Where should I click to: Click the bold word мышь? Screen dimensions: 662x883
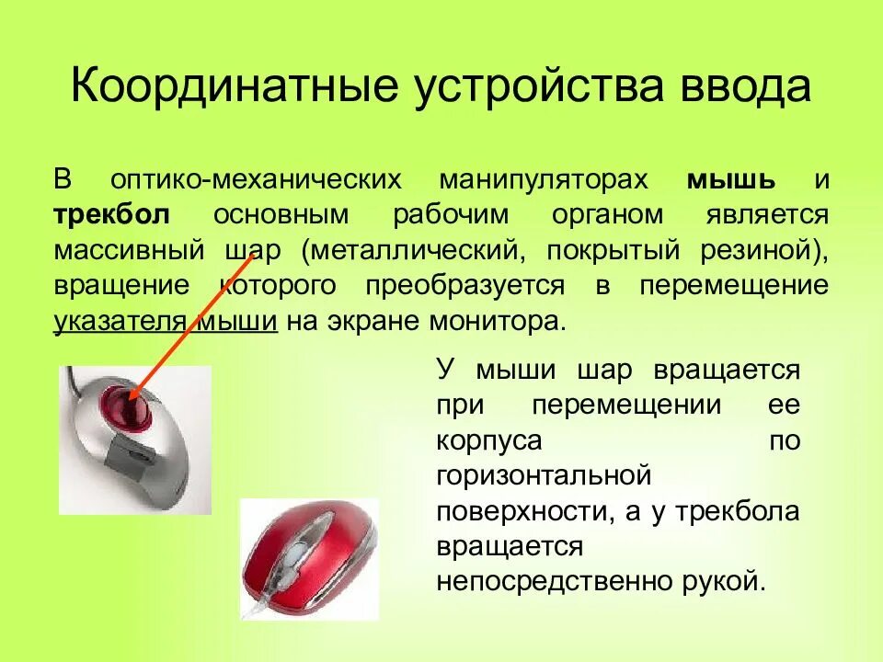pyautogui.click(x=731, y=178)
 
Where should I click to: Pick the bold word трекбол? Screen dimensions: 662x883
pyautogui.click(x=111, y=214)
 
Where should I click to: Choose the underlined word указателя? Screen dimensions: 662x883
pyautogui.click(x=121, y=323)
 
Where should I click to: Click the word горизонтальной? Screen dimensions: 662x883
pyautogui.click(x=544, y=476)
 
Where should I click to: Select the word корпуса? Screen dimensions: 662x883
pyautogui.click(x=488, y=440)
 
